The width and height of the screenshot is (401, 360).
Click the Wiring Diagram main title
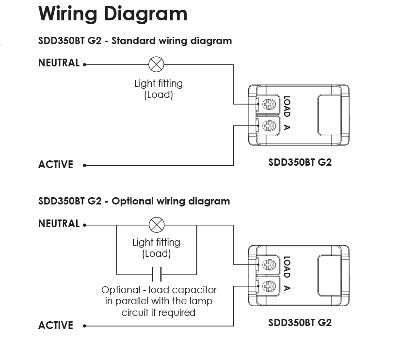(113, 14)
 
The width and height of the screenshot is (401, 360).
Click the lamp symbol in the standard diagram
(156, 64)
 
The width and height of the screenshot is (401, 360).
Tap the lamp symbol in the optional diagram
(157, 225)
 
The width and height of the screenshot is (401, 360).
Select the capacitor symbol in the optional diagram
(157, 274)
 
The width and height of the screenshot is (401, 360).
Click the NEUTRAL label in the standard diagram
(59, 63)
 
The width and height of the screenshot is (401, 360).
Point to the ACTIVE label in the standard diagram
(56, 165)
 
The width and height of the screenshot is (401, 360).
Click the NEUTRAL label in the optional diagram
(59, 223)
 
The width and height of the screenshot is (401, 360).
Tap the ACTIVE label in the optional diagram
(56, 325)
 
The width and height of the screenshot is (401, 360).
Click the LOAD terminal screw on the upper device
(269, 104)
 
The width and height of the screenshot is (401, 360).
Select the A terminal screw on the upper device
(269, 125)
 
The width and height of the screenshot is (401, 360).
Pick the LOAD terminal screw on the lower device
(269, 265)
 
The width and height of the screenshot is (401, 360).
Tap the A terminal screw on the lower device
(269, 286)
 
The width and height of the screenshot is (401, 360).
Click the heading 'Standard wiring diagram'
(172, 41)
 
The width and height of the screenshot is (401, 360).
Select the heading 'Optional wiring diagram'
(171, 202)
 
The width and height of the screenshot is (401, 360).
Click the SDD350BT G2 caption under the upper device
(300, 162)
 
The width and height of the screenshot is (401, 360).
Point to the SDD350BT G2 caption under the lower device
(300, 323)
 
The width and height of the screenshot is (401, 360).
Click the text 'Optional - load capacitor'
(159, 290)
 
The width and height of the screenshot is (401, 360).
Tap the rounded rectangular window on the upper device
(329, 115)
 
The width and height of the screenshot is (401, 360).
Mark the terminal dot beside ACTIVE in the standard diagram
(85, 166)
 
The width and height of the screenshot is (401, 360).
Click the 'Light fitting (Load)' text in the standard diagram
(159, 89)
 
